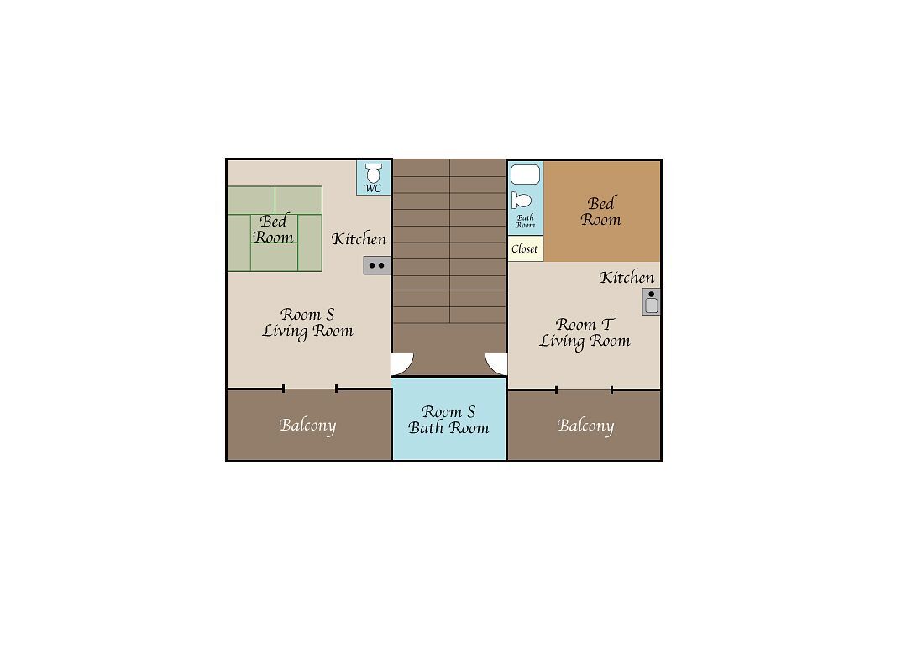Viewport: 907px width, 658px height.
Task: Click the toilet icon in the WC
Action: click(x=374, y=172)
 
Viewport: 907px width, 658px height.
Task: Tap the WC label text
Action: click(x=374, y=189)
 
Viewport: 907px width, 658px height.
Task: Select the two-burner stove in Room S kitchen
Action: click(x=376, y=265)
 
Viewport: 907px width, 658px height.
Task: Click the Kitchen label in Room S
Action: click(x=359, y=239)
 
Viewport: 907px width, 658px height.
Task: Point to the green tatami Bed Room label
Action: click(x=273, y=229)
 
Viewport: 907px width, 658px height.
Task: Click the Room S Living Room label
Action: click(x=307, y=322)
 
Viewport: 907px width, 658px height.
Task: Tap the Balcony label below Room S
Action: click(x=307, y=426)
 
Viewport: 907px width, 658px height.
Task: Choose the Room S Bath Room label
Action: click(x=448, y=420)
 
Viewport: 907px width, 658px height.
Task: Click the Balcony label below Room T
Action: click(x=585, y=426)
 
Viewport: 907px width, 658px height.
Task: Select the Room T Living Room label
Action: click(x=585, y=333)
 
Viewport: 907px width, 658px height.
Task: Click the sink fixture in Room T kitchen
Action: click(x=652, y=302)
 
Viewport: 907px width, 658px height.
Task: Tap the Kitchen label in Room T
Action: click(x=627, y=278)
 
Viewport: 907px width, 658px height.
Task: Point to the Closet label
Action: click(x=525, y=248)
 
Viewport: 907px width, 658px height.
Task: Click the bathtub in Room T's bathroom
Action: click(x=525, y=174)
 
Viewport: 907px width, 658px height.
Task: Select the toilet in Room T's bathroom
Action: click(x=522, y=201)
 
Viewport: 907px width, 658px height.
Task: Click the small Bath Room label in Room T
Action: click(x=525, y=222)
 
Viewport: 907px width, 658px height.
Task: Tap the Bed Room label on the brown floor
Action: click(x=601, y=211)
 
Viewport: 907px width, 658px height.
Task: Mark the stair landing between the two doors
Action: click(x=449, y=350)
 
